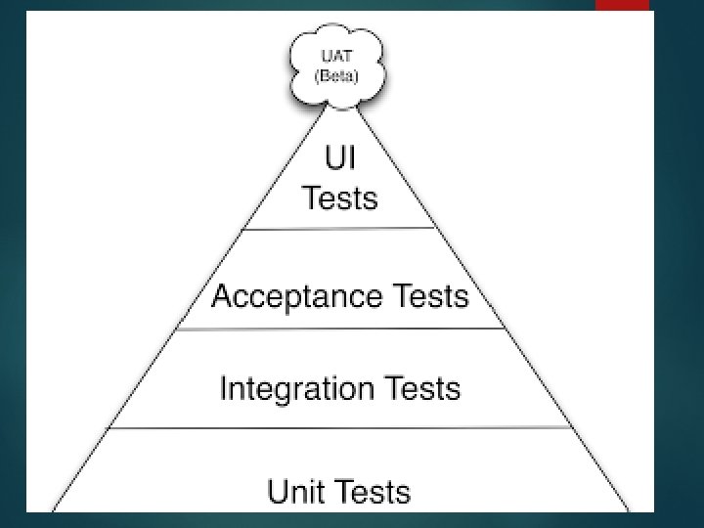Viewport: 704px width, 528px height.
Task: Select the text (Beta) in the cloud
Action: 335,75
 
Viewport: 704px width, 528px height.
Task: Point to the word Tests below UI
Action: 339,198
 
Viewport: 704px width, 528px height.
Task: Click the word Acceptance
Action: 296,295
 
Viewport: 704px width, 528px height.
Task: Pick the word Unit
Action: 299,491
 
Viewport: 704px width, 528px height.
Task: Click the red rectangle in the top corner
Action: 622,5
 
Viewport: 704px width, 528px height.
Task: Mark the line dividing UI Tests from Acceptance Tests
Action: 339,229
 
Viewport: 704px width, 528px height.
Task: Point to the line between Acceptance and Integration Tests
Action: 339,330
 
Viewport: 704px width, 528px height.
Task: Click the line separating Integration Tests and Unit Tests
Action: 339,428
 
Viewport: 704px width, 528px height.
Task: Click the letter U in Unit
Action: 278,491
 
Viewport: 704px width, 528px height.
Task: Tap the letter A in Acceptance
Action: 222,295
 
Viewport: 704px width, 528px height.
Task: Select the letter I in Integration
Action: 224,388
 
